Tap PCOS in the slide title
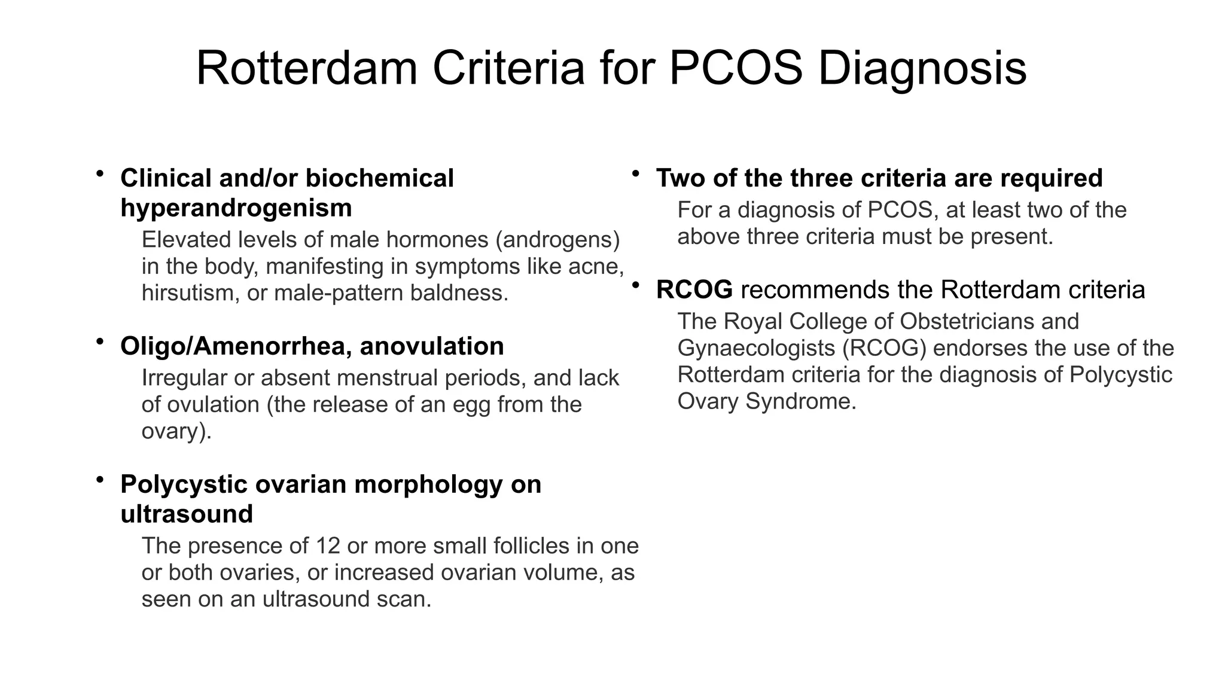(736, 69)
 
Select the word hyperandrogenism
(236, 209)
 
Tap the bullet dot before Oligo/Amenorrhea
(100, 342)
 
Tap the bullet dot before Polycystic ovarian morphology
(100, 480)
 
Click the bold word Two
(679, 178)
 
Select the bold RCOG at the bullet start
(694, 290)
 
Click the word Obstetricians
(967, 322)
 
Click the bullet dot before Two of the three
(636, 173)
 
